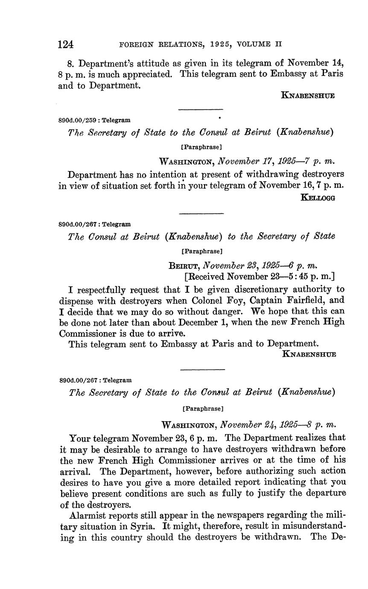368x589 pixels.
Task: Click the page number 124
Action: [66, 44]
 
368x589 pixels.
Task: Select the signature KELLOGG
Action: [318, 197]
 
